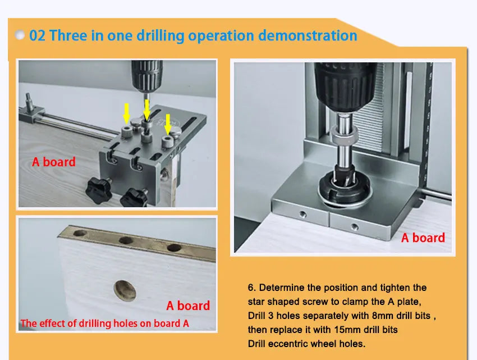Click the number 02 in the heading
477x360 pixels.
(37, 35)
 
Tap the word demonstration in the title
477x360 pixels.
(308, 35)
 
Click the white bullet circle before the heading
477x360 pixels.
(20, 35)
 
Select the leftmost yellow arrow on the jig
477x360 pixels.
(127, 113)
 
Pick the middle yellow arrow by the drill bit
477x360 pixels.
(146, 110)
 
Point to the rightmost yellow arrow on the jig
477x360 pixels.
(168, 124)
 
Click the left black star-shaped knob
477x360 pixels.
(98, 190)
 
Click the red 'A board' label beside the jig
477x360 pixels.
(53, 162)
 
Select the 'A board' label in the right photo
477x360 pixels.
(423, 238)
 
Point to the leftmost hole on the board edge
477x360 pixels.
(80, 233)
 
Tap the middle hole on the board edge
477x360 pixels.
(126, 240)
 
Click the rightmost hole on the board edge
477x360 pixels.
(174, 247)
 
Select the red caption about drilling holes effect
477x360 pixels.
(104, 323)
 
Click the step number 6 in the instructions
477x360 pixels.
(251, 288)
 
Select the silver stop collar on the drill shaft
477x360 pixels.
(344, 135)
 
